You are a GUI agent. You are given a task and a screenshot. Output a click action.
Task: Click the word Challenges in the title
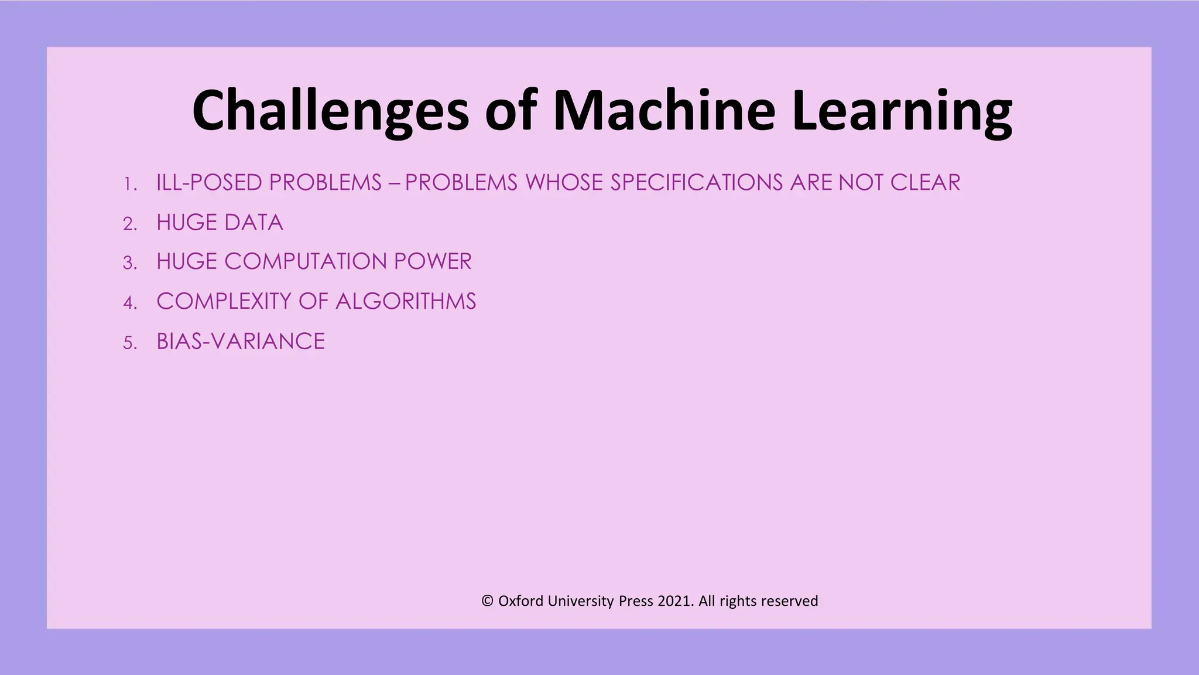tap(331, 111)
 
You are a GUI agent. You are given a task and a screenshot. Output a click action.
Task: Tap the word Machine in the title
tap(664, 110)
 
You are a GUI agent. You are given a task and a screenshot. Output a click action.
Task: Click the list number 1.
tap(129, 185)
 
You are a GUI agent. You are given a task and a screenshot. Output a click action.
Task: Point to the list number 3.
tap(129, 263)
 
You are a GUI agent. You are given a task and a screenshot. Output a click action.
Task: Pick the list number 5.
tap(129, 343)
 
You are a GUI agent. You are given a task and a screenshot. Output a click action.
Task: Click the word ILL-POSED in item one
tap(209, 183)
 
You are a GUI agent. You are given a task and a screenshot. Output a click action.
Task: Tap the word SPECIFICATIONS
tap(697, 183)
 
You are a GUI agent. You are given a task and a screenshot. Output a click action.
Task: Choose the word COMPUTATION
tap(305, 261)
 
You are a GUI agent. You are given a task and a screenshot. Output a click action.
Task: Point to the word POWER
tap(433, 261)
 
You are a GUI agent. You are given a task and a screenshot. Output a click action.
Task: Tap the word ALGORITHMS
tap(406, 301)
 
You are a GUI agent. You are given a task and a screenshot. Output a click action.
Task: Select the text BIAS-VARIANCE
tap(241, 342)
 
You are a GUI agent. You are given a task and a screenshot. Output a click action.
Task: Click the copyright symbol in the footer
tap(487, 601)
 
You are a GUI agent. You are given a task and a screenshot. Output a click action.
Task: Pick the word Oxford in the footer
tap(520, 601)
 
